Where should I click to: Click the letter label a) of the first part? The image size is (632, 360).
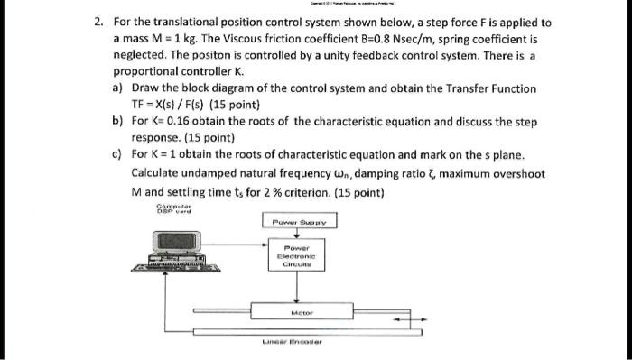click(117, 88)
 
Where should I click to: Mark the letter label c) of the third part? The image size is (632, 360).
click(117, 155)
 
